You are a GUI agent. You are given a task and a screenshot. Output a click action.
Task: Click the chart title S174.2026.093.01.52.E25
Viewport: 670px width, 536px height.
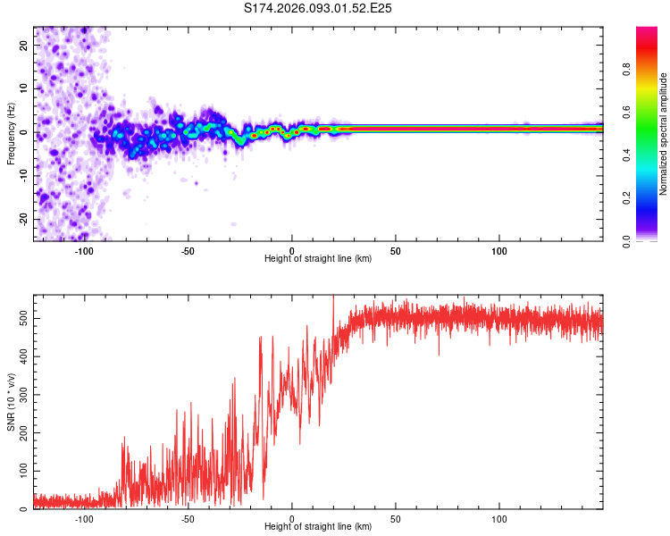point(319,8)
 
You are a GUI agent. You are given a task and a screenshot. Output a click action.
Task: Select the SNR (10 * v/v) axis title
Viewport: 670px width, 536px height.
point(12,401)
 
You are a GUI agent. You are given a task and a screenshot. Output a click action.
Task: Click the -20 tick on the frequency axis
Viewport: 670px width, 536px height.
point(21,219)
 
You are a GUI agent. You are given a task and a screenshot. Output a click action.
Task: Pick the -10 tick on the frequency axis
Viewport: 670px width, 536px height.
point(21,176)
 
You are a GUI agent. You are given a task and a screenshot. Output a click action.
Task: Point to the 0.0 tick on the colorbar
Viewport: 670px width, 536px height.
point(627,240)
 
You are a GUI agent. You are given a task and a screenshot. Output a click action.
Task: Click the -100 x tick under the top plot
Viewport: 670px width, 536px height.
point(85,251)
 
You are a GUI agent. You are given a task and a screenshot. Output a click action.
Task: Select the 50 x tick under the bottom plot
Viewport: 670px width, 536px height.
point(395,519)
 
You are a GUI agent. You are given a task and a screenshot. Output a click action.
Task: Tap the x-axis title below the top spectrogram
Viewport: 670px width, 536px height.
point(318,259)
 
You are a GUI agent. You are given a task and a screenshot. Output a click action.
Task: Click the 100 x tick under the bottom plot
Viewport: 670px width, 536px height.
point(498,519)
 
